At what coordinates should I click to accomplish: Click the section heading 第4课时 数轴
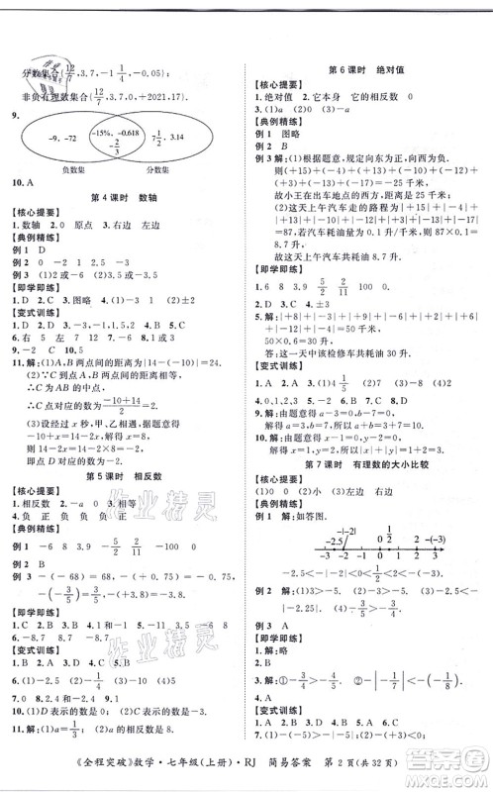click(122, 196)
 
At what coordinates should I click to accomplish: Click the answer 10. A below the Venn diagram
click(28, 182)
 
